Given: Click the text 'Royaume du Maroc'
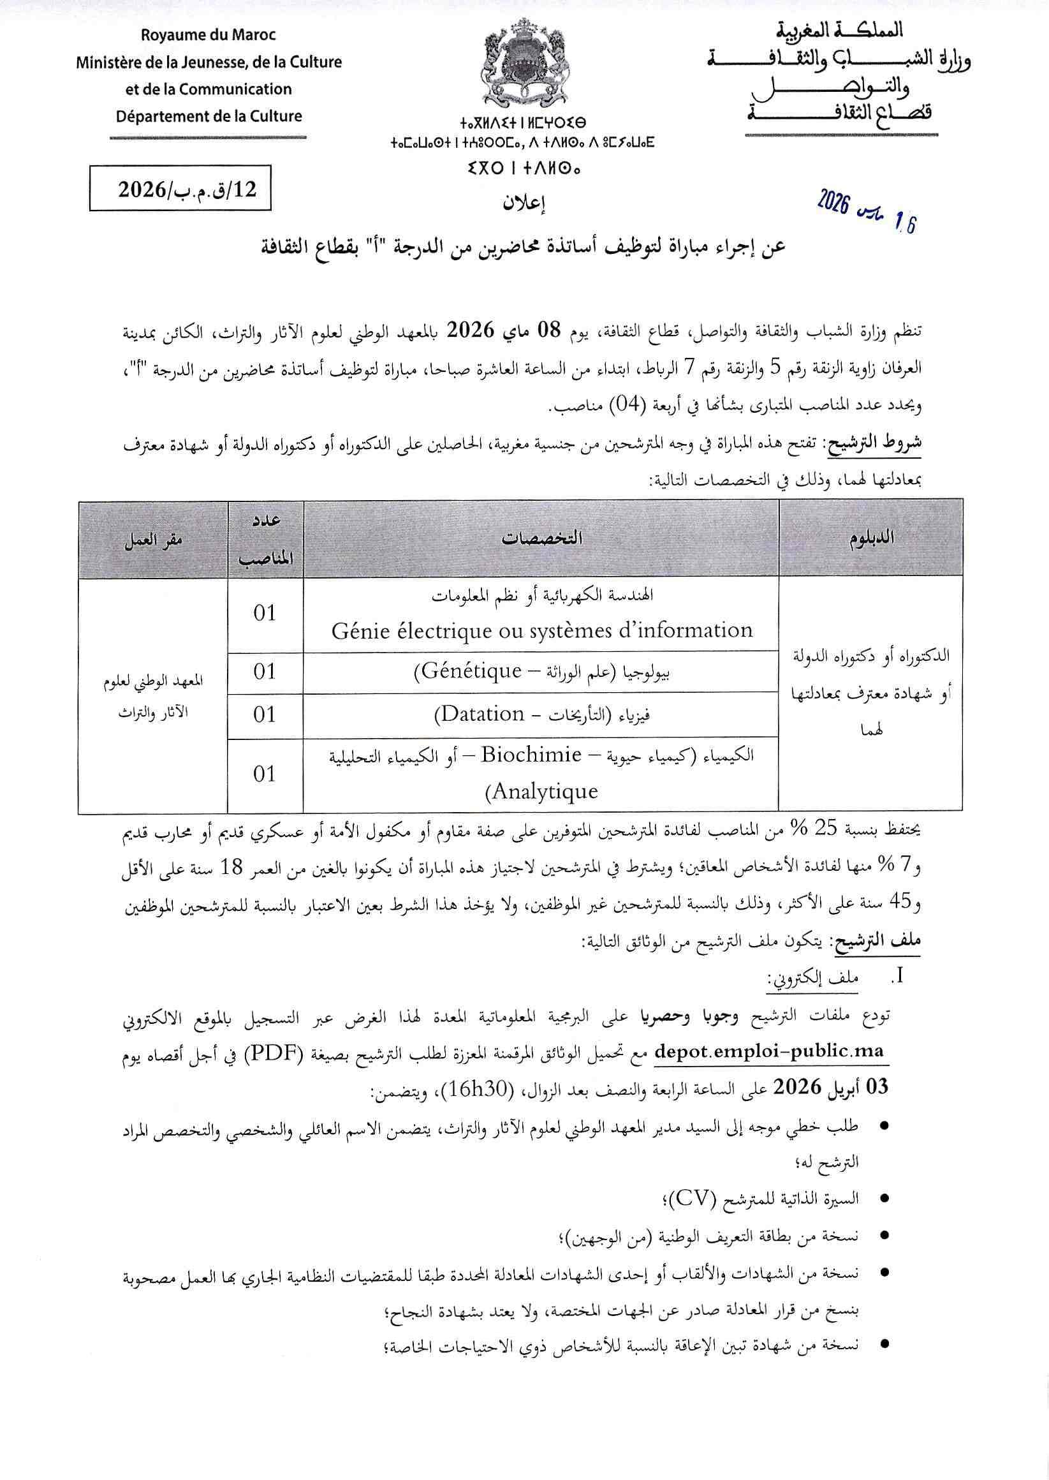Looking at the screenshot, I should pyautogui.click(x=209, y=36).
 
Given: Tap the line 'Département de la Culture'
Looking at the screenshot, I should pyautogui.click(x=209, y=116).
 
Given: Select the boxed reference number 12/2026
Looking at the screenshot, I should pyautogui.click(x=180, y=188).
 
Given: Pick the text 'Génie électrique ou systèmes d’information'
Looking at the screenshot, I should pyautogui.click(x=542, y=630).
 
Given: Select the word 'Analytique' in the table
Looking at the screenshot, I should pyautogui.click(x=545, y=792).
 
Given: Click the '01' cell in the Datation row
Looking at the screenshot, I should pyautogui.click(x=265, y=714).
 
